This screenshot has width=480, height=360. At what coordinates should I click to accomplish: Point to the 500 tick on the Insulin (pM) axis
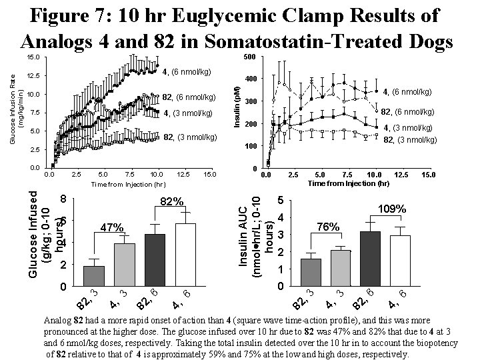(x=249, y=58)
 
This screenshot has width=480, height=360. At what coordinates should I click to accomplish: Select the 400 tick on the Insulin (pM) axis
(x=249, y=80)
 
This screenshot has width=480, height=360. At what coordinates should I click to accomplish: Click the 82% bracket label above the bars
(x=171, y=201)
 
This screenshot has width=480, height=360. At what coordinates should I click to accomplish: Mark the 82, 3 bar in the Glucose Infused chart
(x=93, y=276)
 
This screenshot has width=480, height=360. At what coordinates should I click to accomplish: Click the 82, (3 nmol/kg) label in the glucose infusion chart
(x=190, y=138)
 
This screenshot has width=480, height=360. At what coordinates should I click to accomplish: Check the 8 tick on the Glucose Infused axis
(x=62, y=199)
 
